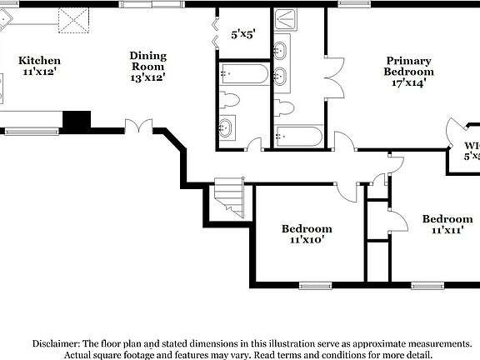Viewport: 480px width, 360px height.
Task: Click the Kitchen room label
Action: (x=39, y=61)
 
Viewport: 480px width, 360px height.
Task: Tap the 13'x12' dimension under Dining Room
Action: (x=147, y=77)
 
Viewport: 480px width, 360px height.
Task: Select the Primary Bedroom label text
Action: (x=408, y=66)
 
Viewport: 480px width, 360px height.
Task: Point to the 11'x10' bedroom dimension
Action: (x=307, y=240)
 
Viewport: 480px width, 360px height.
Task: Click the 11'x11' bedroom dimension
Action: (x=447, y=231)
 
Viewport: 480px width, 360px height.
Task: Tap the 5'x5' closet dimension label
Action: (x=242, y=35)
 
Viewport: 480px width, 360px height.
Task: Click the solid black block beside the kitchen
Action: (x=77, y=121)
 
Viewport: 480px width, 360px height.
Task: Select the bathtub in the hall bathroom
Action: (x=243, y=75)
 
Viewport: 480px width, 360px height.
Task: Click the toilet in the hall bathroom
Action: (x=231, y=101)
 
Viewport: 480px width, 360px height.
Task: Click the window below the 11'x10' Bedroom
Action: (x=315, y=286)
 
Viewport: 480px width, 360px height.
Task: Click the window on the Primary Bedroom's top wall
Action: (x=351, y=3)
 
